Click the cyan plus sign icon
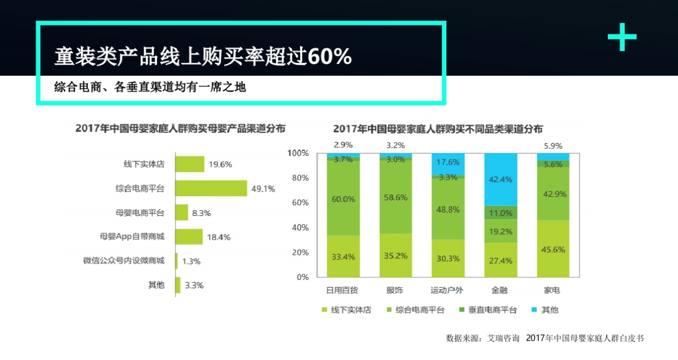[621, 37]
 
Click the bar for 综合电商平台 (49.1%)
[211, 188]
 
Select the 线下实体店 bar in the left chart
[190, 164]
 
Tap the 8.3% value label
[202, 213]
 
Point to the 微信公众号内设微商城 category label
[124, 261]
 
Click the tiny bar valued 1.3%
[177, 261]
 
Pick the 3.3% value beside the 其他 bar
[194, 285]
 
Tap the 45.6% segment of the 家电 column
[553, 249]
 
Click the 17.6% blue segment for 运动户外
[448, 163]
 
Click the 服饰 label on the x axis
[395, 290]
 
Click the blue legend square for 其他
[535, 310]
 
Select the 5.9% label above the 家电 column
[553, 145]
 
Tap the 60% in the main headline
[330, 57]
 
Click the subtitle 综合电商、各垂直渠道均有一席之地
[150, 88]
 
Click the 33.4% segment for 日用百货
[343, 257]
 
